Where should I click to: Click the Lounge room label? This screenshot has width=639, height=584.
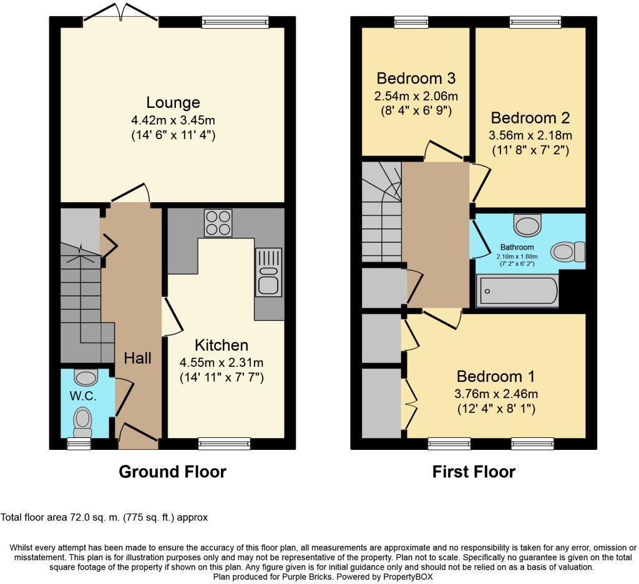coord(173,102)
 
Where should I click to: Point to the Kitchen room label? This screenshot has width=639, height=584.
coord(222,345)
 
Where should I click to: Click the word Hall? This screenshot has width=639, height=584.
coord(137,358)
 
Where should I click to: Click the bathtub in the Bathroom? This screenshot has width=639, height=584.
coord(517,291)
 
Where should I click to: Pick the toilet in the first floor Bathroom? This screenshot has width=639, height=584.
coord(568,251)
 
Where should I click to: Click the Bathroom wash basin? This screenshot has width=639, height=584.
coord(529,223)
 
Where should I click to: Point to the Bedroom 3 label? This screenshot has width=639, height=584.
coord(416,79)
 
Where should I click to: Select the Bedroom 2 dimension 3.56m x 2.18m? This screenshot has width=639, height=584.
coord(530,135)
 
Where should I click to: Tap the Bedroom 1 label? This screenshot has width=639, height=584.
coord(495,377)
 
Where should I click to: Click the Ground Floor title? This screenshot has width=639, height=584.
coord(172,472)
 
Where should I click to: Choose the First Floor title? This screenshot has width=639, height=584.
coord(474,472)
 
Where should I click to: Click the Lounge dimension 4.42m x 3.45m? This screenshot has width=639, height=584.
coord(173,120)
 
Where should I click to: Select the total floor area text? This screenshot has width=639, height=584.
coord(104,517)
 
